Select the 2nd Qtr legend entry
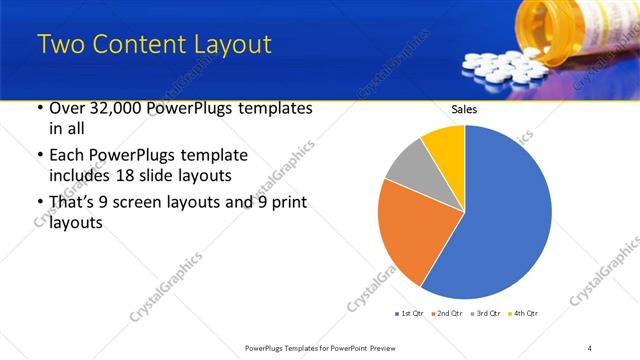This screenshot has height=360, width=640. (x=447, y=314)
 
